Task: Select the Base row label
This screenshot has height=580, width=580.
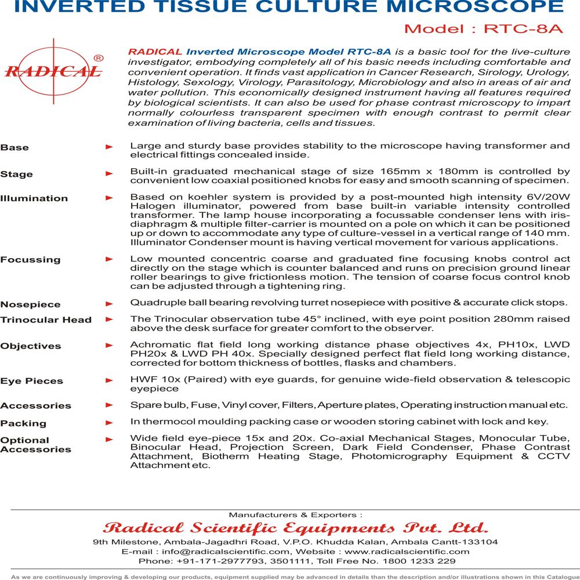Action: coord(14,148)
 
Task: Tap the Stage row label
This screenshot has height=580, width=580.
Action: coord(17,174)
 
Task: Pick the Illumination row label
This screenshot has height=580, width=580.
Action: coord(34,198)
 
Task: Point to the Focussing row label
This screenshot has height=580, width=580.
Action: coord(30,259)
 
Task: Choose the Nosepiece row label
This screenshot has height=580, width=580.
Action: coord(30,304)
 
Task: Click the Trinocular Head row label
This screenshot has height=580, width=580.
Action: coord(46,320)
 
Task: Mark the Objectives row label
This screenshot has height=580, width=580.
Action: coord(31,346)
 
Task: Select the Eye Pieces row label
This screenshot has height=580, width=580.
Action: coord(32,381)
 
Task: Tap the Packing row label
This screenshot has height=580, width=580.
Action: coord(23,423)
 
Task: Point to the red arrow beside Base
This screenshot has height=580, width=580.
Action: coord(108,148)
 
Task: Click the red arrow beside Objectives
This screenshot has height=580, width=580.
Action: coord(108,346)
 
